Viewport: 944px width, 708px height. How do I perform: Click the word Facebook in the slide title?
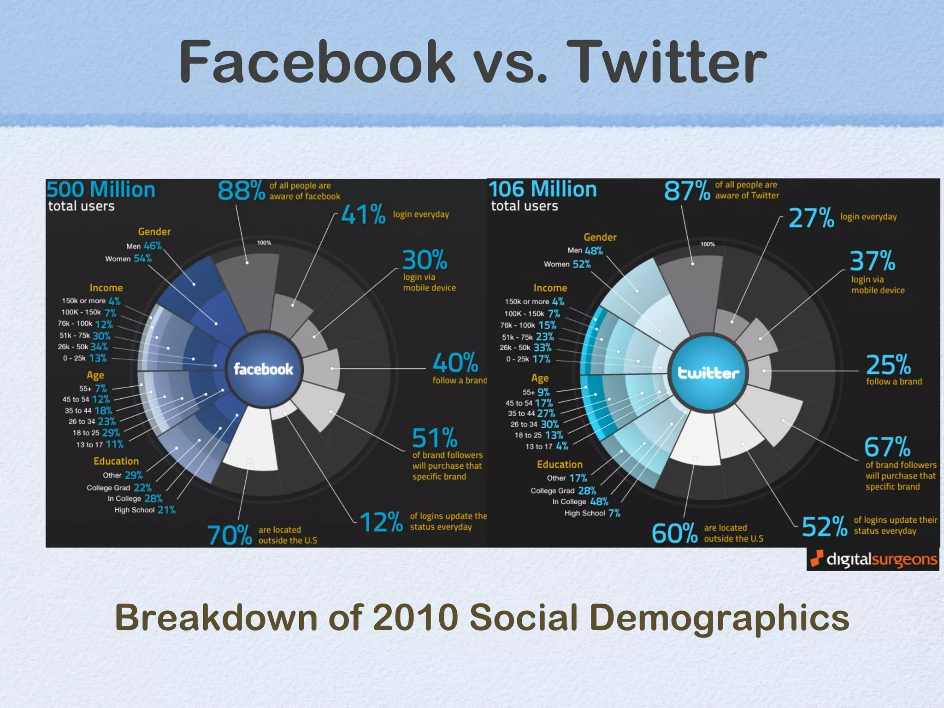[317, 62]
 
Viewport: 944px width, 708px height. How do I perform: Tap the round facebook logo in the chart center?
[263, 369]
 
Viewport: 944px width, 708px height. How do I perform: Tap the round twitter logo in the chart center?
[708, 372]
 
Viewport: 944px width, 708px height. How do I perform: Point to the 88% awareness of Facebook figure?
[241, 190]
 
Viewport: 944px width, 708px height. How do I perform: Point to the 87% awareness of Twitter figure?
[687, 190]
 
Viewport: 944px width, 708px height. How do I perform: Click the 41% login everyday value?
[363, 215]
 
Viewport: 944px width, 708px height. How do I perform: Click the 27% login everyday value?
[811, 218]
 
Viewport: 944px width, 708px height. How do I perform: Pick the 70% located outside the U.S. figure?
[230, 535]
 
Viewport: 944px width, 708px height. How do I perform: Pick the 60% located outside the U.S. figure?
[674, 533]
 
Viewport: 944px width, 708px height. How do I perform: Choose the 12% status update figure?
[381, 522]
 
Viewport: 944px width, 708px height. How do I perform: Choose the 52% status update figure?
[825, 526]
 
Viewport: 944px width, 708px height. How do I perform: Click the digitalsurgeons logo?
[873, 559]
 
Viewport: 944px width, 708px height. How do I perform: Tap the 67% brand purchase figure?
[887, 447]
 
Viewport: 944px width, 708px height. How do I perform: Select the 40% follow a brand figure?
[455, 363]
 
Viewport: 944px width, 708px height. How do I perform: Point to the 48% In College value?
[599, 501]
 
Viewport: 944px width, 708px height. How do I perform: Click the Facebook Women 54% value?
[143, 259]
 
